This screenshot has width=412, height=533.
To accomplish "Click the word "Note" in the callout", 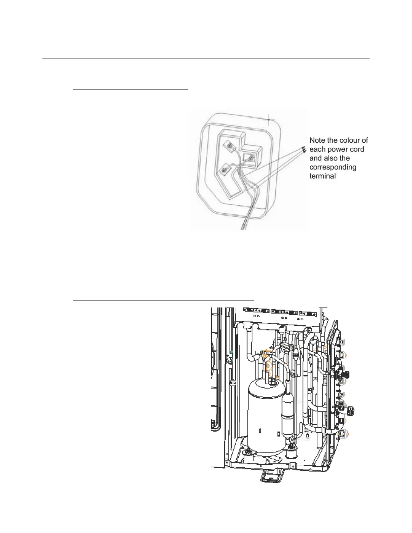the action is [x=317, y=140].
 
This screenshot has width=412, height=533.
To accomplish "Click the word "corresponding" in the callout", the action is [x=333, y=167].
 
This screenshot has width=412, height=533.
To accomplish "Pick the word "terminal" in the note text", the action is [x=322, y=176].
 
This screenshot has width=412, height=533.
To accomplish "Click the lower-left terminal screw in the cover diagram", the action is [x=223, y=171].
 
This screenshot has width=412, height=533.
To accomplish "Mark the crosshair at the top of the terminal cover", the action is [x=269, y=119].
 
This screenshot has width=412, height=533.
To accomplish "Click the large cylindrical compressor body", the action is [x=264, y=421].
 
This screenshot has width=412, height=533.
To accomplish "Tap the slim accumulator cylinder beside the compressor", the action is [x=288, y=414].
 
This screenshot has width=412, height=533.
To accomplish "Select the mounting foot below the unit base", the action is [x=272, y=476].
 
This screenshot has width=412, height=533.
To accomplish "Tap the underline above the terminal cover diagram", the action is [x=130, y=90].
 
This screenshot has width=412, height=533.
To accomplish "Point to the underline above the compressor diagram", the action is [x=163, y=299].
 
